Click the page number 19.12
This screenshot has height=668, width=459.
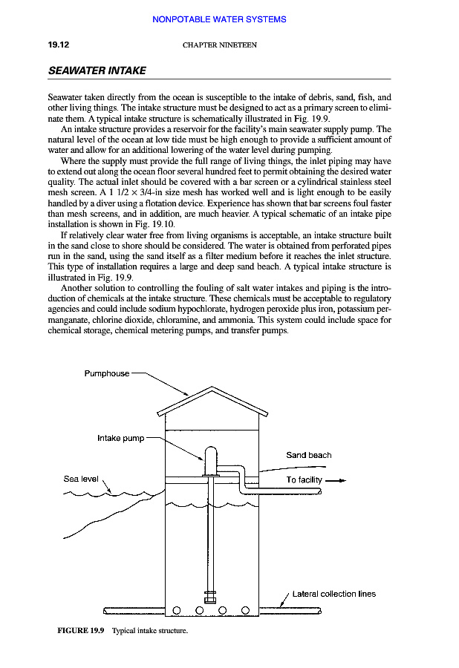[x=58, y=45]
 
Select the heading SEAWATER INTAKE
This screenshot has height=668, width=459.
[x=97, y=71]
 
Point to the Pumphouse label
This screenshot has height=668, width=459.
[x=106, y=373]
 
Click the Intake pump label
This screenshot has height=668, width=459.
[x=120, y=438]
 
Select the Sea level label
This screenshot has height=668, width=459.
[x=81, y=479]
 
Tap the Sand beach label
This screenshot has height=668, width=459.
[x=308, y=455]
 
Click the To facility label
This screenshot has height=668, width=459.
[x=304, y=479]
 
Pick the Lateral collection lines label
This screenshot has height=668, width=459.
[x=333, y=594]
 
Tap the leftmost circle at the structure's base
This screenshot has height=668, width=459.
[x=177, y=611]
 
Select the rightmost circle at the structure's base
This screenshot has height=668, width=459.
[x=245, y=611]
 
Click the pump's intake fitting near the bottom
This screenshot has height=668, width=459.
[x=209, y=596]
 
